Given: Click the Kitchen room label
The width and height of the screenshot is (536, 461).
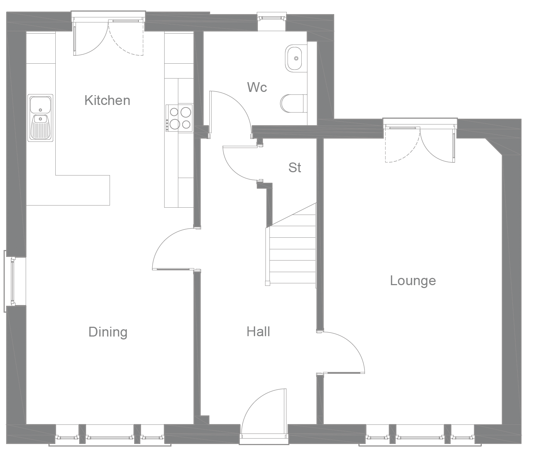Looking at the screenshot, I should pyautogui.click(x=107, y=100).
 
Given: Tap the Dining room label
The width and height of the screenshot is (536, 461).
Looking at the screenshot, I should pyautogui.click(x=108, y=332).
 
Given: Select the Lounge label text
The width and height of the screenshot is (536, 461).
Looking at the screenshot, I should pyautogui.click(x=413, y=280).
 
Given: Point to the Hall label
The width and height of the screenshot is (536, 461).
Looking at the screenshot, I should pyautogui.click(x=258, y=331).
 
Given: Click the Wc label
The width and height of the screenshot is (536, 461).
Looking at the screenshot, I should pyautogui.click(x=257, y=87).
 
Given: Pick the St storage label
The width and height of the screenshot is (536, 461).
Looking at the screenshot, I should pyautogui.click(x=294, y=168).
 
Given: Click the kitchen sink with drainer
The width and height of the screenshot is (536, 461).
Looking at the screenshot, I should pyautogui.click(x=41, y=118).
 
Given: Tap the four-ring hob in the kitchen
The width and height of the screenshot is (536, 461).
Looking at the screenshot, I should pyautogui.click(x=180, y=118).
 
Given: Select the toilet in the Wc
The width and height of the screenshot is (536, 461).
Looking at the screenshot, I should pyautogui.click(x=293, y=103).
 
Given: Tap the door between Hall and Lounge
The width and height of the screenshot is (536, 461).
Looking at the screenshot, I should pyautogui.click(x=344, y=353).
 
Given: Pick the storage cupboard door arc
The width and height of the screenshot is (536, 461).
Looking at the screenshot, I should pyautogui.click(x=239, y=163).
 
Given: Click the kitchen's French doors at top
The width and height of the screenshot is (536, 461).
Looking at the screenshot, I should pyautogui.click(x=109, y=36).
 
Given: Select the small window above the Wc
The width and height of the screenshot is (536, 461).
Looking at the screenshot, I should pyautogui.click(x=272, y=17).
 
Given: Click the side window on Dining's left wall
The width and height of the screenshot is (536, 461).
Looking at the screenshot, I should pyautogui.click(x=12, y=281).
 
